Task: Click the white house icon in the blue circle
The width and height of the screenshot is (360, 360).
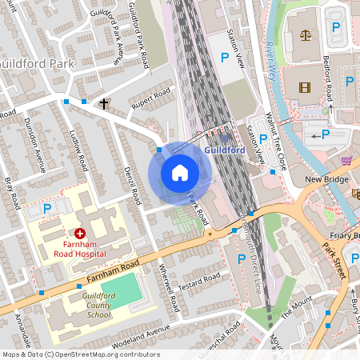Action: [x=180, y=172]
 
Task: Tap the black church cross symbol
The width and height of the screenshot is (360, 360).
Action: [x=104, y=103]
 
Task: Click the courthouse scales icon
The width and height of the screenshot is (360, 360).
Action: [x=305, y=35]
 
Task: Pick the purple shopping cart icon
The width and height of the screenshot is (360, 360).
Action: [x=346, y=160]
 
